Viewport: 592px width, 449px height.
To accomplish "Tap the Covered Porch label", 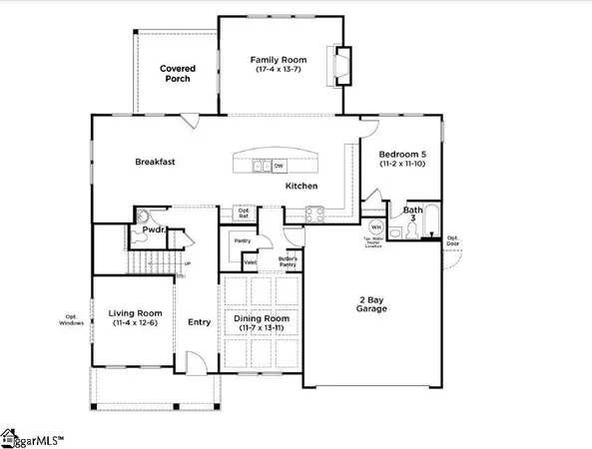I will click(x=178, y=74).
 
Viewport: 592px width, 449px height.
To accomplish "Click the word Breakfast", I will click(x=156, y=161).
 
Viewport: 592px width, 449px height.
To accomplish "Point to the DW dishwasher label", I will click(x=279, y=166).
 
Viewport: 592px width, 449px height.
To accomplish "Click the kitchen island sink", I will click(x=262, y=166).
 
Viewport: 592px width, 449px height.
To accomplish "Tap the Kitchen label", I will click(x=301, y=187).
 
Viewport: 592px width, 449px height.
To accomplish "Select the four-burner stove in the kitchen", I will click(x=314, y=212).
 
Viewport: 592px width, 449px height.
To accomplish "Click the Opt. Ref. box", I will click(x=243, y=213).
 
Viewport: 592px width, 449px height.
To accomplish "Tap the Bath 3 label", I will click(x=412, y=216).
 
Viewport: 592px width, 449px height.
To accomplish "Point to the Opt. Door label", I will click(x=452, y=240).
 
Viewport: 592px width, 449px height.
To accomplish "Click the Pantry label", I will click(x=242, y=240).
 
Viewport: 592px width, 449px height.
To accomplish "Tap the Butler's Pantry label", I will click(x=288, y=261).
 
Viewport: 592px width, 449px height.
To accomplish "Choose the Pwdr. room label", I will click(x=152, y=229).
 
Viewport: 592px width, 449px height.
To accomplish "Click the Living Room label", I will click(x=134, y=318).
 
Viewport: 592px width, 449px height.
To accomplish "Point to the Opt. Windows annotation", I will click(x=72, y=319).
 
